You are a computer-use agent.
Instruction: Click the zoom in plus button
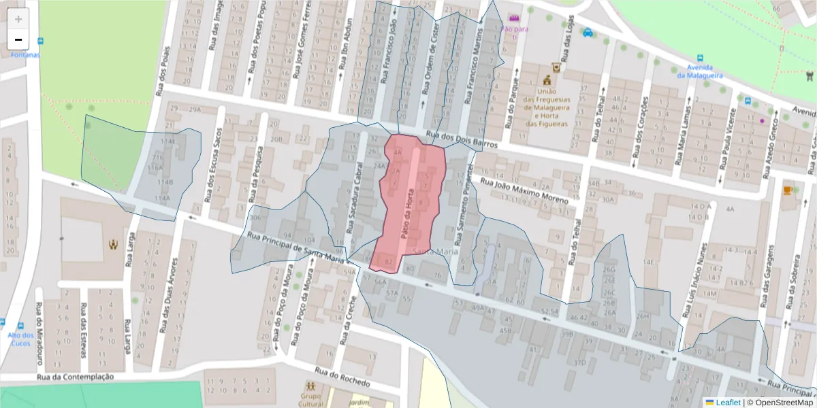pos(18,19)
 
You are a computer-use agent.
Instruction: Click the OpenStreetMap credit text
pos(780,402)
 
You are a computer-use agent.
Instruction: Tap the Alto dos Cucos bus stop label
pos(20,339)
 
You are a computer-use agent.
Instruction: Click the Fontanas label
pos(25,54)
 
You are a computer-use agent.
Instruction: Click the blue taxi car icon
pos(588,32)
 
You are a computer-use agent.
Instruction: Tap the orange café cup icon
pos(788,190)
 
